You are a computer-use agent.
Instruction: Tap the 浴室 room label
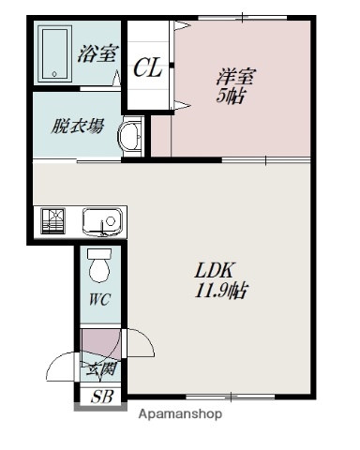[x=98, y=53]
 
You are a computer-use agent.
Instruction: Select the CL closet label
[x=147, y=67]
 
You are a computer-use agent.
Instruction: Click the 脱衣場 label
[x=77, y=126]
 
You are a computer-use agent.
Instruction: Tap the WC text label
[x=99, y=301]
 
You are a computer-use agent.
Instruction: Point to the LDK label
[x=213, y=272]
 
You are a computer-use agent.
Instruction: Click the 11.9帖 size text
[x=222, y=291]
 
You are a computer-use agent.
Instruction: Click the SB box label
[x=100, y=396]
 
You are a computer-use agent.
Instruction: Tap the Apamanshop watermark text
[x=181, y=413]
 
